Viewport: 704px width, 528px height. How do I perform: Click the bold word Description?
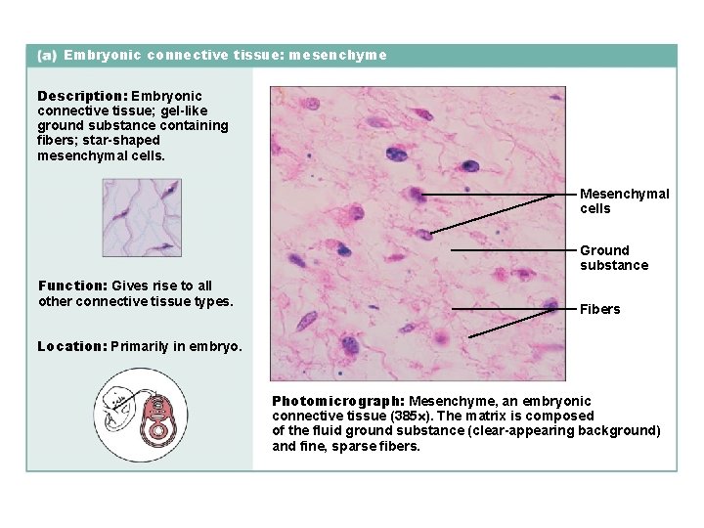coord(82,96)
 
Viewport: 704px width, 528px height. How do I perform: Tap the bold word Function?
coord(73,286)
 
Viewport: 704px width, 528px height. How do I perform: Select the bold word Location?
coord(71,346)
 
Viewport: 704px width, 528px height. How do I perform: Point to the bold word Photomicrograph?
coord(338,401)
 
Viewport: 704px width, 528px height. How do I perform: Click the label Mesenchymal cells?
coord(624,200)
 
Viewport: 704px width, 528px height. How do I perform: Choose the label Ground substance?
coord(613,257)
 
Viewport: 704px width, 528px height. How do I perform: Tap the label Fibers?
coord(599,309)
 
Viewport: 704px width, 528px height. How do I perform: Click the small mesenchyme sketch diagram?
coord(142,218)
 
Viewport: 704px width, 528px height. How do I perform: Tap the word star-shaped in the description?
coord(123,140)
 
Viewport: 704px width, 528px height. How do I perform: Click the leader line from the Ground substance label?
coord(513,250)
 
